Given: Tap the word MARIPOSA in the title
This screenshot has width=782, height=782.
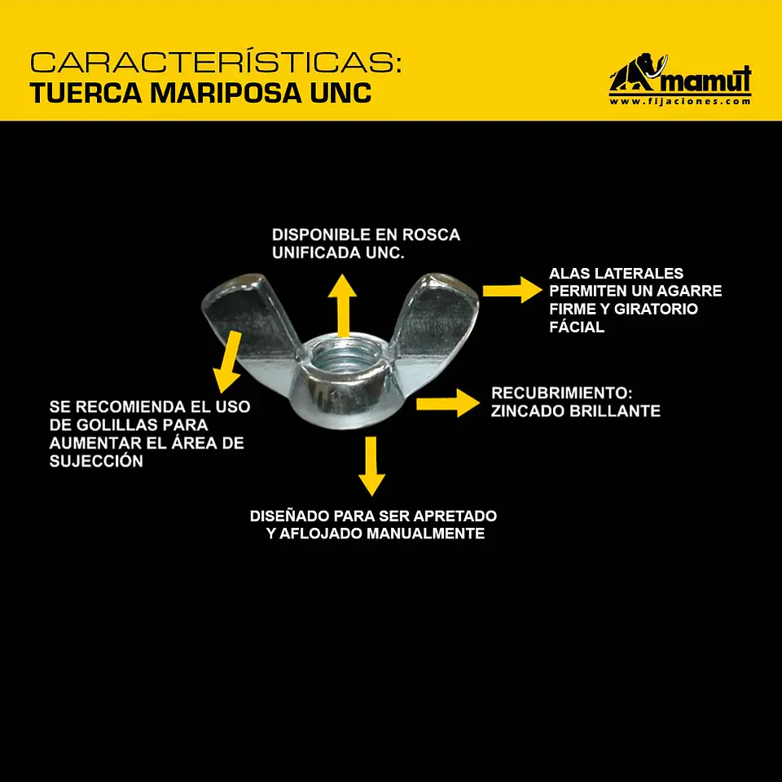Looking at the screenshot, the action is coord(226,93).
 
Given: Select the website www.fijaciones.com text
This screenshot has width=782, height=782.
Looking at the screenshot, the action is coord(679,101).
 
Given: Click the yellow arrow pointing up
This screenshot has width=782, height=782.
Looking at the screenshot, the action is coord(342,305).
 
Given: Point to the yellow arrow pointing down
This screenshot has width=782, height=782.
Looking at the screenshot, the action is coord(371,466).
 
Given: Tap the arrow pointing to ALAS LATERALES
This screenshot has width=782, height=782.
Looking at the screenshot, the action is coord(512,290).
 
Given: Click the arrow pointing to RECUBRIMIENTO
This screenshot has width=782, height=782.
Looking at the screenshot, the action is coord(448,403).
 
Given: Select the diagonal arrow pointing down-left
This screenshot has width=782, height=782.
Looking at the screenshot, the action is coord(228,362).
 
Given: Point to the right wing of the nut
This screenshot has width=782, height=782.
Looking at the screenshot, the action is coord(435,319).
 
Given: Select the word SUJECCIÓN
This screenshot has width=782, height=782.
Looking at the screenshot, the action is coord(96,461).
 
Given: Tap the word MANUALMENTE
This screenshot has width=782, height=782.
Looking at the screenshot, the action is coord(425,534).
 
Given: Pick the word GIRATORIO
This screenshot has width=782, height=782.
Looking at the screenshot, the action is coord(656,309).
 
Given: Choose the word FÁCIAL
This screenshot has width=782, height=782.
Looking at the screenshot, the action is coord(577,327).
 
